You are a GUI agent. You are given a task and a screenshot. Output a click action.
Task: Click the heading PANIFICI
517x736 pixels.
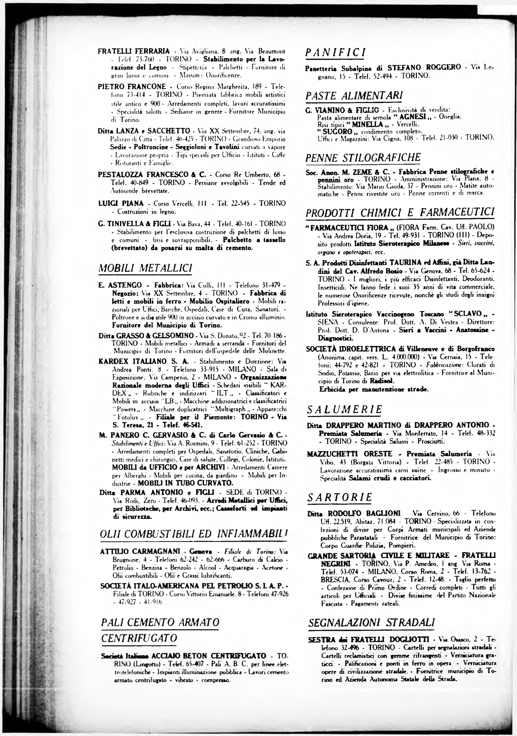(335, 52)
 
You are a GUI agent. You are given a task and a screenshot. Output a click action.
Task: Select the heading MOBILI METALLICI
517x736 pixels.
(145, 268)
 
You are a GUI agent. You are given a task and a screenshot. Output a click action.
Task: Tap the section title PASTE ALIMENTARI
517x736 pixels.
(354, 96)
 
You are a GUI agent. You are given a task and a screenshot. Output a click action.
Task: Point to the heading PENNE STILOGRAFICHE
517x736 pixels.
(363, 158)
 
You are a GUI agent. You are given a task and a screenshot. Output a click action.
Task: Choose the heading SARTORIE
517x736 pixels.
(340, 497)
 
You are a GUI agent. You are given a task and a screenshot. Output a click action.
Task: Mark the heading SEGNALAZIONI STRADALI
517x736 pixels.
(371, 623)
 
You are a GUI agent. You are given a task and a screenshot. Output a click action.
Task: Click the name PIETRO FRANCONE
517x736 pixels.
(132, 86)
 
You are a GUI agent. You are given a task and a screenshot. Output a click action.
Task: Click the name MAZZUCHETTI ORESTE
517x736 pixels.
(350, 454)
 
